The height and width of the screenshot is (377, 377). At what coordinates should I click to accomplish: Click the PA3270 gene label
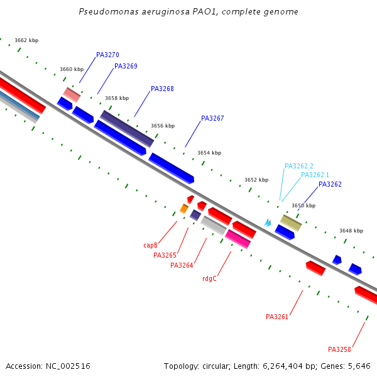(107, 55)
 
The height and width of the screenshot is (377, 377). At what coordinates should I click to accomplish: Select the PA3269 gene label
(126, 67)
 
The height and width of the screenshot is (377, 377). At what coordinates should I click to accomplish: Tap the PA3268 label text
(162, 89)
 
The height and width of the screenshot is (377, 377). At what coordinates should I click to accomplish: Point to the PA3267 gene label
(212, 119)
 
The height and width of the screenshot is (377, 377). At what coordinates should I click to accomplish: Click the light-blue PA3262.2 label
(298, 167)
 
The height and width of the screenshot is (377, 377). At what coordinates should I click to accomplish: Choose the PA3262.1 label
(315, 175)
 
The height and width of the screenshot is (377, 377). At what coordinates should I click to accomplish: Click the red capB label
(150, 246)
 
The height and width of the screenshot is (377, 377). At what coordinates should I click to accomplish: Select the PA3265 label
(165, 256)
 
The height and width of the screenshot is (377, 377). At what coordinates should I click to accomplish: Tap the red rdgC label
(209, 279)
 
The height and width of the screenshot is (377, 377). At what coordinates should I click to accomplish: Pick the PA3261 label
(277, 317)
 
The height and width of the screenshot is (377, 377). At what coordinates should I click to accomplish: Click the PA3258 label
(339, 350)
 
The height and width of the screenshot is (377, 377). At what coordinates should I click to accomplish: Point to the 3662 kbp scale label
(26, 41)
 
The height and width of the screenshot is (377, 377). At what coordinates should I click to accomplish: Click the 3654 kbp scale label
(209, 153)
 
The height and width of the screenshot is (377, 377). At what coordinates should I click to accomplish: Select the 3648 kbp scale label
(351, 231)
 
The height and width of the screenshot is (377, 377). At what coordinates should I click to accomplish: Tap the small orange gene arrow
(184, 209)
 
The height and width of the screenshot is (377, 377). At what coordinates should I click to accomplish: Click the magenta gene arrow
(238, 239)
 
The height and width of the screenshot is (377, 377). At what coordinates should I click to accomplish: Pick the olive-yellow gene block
(291, 222)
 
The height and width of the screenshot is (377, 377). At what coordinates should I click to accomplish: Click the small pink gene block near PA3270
(72, 95)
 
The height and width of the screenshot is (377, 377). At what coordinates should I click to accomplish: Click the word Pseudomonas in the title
(102, 12)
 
